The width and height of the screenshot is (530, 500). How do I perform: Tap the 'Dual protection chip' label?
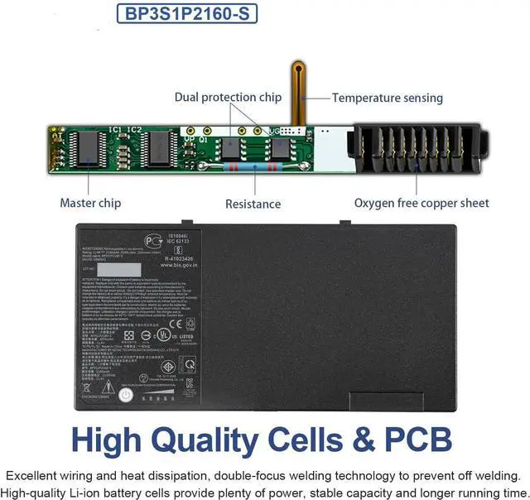click(x=228, y=98)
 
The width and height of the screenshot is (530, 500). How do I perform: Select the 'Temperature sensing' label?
click(x=388, y=98)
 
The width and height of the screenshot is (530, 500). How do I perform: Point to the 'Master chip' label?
click(x=90, y=203)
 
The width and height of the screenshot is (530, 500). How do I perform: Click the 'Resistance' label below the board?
click(x=253, y=204)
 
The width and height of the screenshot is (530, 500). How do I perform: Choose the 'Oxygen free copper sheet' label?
click(x=422, y=203)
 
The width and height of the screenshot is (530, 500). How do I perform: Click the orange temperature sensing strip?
click(x=296, y=91)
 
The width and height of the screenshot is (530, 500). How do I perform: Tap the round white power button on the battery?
click(x=124, y=395)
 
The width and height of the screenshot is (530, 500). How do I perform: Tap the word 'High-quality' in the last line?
click(x=38, y=491)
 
